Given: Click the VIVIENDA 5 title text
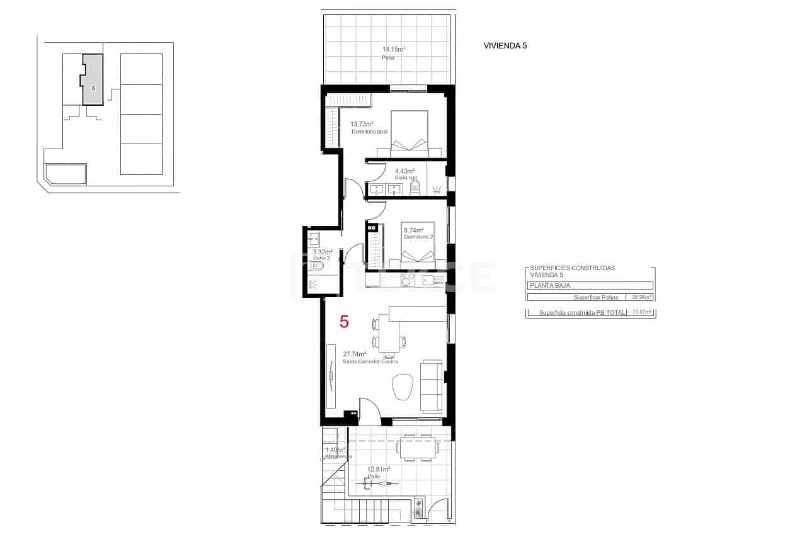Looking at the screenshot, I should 505,45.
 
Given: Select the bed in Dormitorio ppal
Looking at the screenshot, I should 409,133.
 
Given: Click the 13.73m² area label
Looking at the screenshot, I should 362,124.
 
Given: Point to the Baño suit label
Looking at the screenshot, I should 406,178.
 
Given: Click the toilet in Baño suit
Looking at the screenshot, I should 415,186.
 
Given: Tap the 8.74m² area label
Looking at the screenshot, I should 414,230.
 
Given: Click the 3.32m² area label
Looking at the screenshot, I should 323,252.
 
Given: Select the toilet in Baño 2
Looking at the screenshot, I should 316,267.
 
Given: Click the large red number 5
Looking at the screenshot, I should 344,322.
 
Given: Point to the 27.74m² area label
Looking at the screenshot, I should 355,354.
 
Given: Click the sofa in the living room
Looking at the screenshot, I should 432,385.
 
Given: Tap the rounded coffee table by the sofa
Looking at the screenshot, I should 402,386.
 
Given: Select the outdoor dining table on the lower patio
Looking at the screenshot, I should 418,448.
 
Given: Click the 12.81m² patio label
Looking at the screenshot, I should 378,469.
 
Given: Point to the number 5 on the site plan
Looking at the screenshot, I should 93,89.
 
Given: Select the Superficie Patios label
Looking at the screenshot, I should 595,297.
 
